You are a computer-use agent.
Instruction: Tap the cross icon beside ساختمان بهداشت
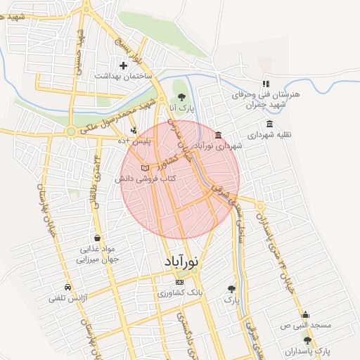point(123,65)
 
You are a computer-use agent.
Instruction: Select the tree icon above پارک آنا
point(181,98)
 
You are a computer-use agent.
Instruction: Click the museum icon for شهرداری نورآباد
point(219,135)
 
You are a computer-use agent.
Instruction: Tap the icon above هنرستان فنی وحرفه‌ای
point(266,84)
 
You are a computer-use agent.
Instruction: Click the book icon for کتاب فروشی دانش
point(146,169)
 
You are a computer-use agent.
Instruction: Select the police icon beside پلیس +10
point(134,130)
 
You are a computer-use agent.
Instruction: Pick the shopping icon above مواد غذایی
point(96,238)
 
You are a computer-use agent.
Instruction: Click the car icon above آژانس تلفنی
point(67,287)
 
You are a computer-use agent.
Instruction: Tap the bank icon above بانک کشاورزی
point(179,281)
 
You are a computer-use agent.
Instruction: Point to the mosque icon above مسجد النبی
point(305,315)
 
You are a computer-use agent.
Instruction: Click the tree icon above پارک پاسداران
point(307,340)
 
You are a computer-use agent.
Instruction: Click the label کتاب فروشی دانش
point(145,179)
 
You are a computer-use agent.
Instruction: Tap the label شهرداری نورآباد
point(220,146)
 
